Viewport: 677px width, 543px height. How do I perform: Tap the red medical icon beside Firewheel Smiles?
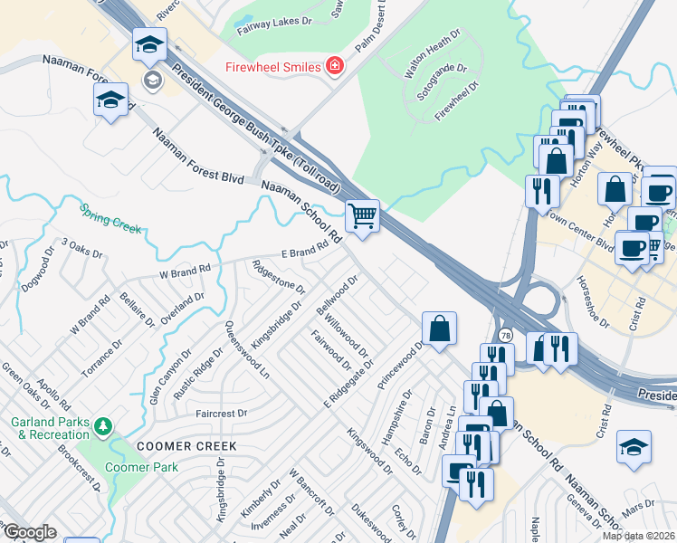coord(335,66)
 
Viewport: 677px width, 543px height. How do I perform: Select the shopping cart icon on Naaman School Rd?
coord(362,216)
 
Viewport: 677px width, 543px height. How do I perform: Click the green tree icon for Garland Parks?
coord(104,424)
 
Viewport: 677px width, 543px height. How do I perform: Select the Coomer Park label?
coord(140,467)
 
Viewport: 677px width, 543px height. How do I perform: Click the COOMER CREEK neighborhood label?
coord(186,446)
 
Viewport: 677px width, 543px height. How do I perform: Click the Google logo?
coord(29,532)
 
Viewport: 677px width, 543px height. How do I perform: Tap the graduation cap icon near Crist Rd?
coord(634,447)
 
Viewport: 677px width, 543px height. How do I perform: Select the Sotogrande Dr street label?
coord(441,81)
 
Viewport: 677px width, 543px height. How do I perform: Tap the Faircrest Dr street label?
coord(222,413)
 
